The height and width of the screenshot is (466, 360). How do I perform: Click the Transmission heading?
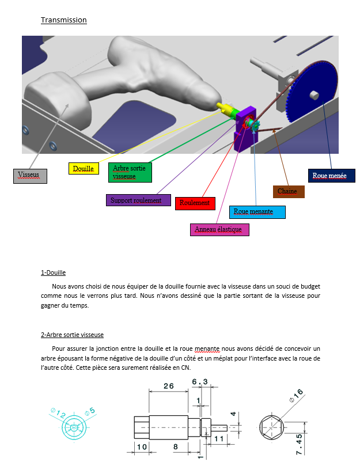(63, 20)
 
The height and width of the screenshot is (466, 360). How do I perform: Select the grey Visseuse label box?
(30, 175)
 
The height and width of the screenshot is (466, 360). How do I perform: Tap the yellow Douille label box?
(83, 169)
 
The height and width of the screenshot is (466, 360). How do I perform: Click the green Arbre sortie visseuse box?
(132, 172)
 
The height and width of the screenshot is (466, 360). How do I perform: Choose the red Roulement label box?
(195, 203)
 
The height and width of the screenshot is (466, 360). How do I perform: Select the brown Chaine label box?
(288, 191)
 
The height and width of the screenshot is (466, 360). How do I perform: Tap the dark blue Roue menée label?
(331, 175)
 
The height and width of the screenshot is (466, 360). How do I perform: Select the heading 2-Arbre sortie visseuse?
(72, 335)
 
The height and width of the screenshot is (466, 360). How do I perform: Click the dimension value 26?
(168, 387)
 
